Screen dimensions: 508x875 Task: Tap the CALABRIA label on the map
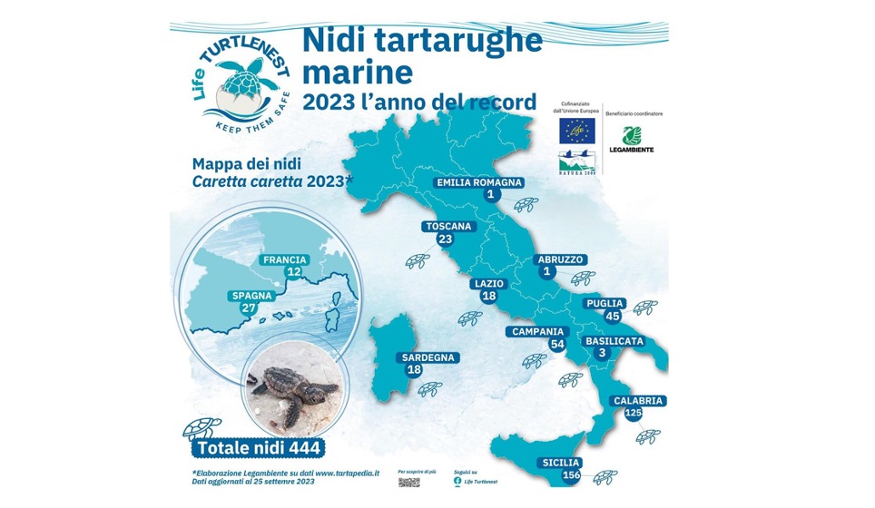click(x=639, y=400)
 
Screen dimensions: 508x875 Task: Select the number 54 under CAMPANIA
click(x=557, y=345)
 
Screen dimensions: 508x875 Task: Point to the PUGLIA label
click(x=605, y=303)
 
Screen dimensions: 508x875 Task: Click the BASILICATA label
click(x=614, y=340)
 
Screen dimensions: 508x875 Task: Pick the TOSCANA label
click(x=447, y=226)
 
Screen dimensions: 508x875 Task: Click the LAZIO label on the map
click(x=488, y=284)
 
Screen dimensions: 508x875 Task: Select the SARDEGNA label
click(x=428, y=357)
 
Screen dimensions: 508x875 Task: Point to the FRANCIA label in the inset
click(x=285, y=259)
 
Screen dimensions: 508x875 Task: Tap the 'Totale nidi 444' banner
click(x=258, y=448)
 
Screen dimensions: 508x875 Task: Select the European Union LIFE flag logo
click(x=576, y=130)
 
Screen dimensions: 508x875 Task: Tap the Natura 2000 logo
click(x=577, y=162)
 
